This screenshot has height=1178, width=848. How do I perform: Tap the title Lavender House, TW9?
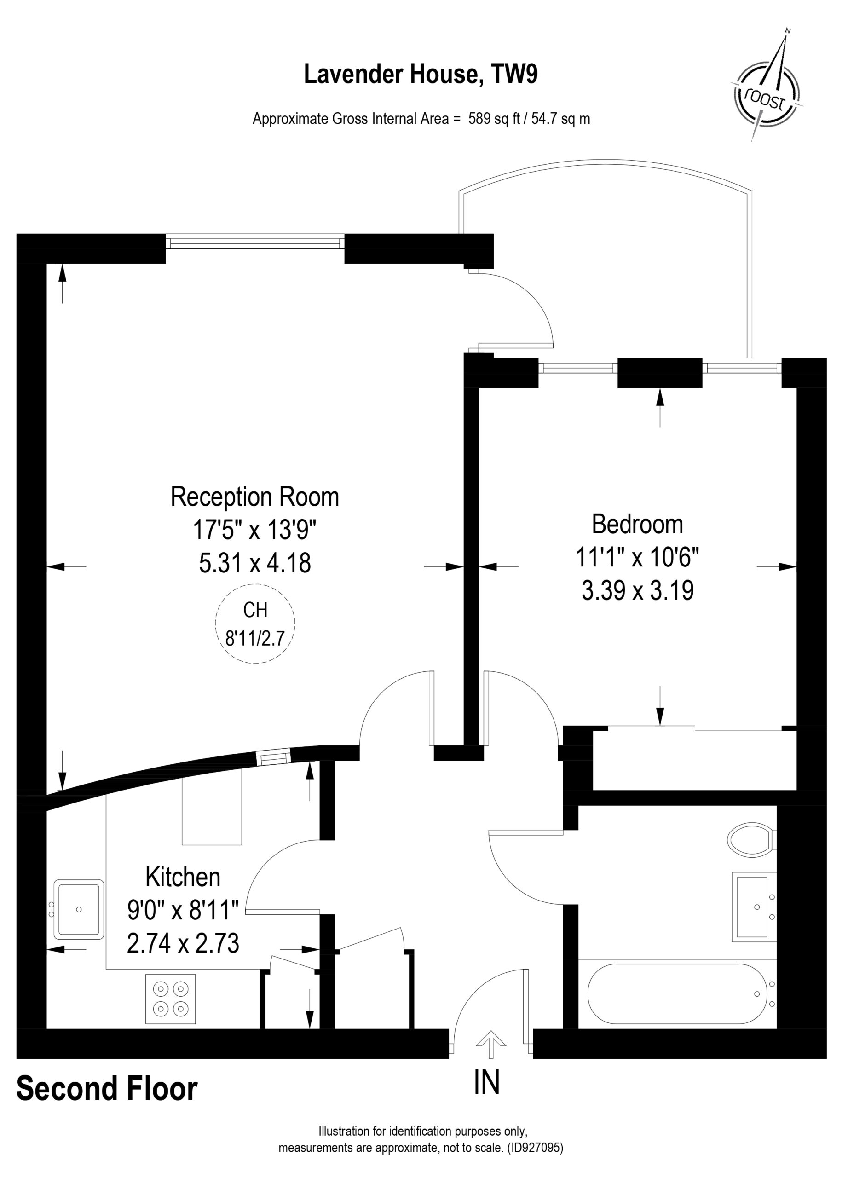click(421, 74)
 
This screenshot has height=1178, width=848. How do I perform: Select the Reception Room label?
click(254, 497)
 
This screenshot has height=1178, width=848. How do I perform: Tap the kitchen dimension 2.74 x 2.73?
click(183, 944)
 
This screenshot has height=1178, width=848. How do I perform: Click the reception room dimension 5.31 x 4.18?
click(255, 563)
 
